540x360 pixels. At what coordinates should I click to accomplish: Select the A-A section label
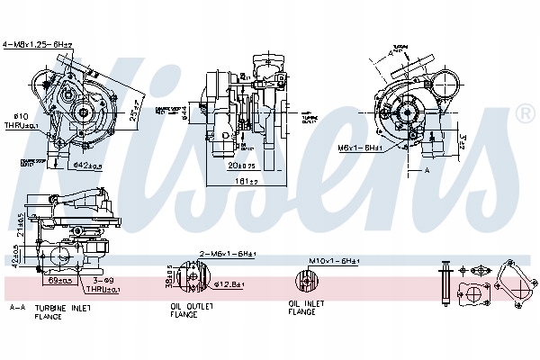pyautogui.click(x=16, y=308)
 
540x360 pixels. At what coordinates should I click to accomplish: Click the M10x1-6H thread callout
pyautogui.click(x=334, y=261)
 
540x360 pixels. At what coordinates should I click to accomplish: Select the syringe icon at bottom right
pyautogui.click(x=444, y=281)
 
